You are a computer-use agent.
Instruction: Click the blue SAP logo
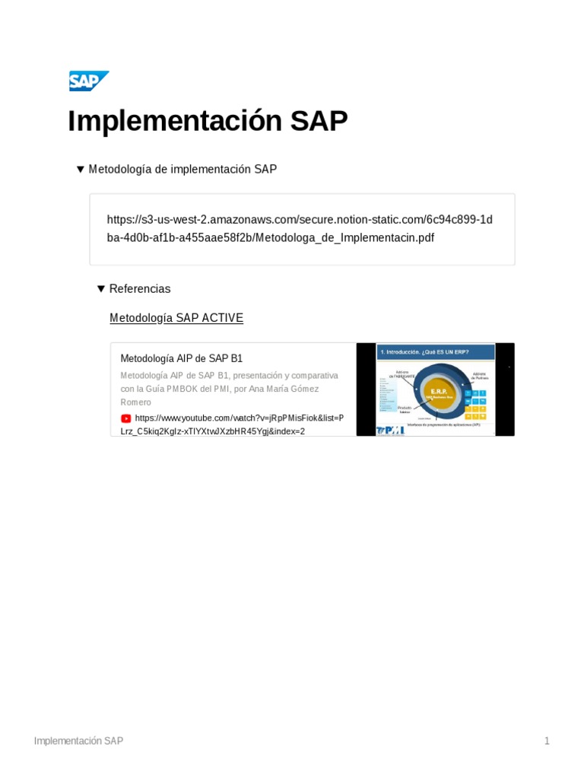pos(88,81)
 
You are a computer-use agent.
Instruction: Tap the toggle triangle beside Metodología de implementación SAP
pos(80,169)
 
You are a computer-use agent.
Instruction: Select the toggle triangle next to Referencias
pos(100,289)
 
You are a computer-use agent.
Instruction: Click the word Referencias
pos(140,289)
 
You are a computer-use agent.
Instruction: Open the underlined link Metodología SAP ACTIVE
pos(176,318)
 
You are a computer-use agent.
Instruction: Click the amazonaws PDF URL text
pos(300,228)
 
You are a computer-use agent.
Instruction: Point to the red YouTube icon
pos(125,418)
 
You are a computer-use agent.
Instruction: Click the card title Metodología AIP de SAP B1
pos(182,358)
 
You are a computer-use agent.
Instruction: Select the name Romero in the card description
pos(136,402)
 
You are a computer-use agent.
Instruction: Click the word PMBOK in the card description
pos(181,389)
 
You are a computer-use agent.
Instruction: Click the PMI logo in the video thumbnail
pos(391,430)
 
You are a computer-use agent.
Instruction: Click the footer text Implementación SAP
pos(78,741)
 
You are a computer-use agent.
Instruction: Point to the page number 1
pos(547,741)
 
